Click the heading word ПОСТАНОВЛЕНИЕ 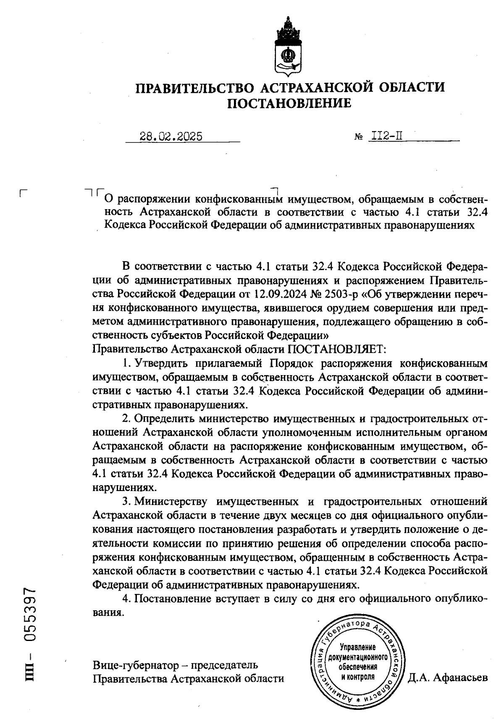[x=289, y=103]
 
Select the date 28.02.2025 [x=171, y=137]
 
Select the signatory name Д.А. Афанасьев [x=448, y=678]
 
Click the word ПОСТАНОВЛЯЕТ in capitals [x=336, y=349]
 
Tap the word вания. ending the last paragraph [x=108, y=612]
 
